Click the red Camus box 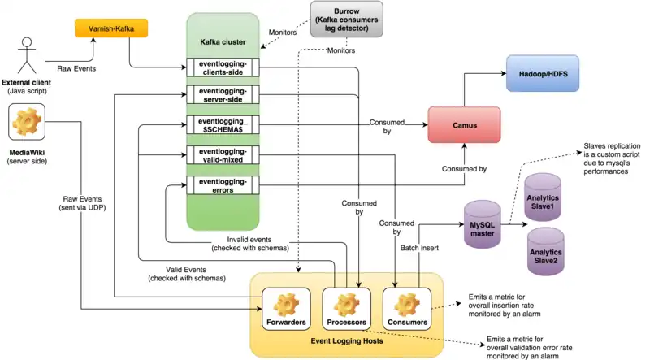click(x=462, y=125)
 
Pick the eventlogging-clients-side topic click(x=222, y=67)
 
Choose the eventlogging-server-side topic click(x=222, y=95)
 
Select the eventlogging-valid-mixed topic click(x=222, y=156)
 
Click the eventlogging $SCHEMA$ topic click(x=222, y=125)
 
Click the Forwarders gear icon click(x=285, y=304)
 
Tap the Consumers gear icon click(x=406, y=304)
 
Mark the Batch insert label click(x=420, y=247)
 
